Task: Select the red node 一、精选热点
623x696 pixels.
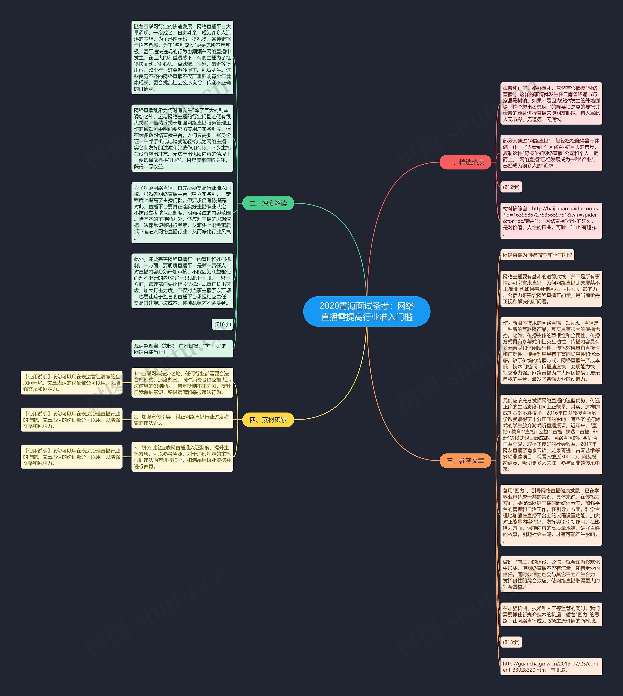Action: [x=465, y=162]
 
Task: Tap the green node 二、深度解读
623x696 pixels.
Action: [x=268, y=203]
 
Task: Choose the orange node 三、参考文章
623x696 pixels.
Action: [x=465, y=461]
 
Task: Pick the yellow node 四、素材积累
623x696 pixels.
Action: [x=268, y=420]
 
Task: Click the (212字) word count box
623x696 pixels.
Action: [x=511, y=187]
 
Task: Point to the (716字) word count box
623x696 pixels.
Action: [x=222, y=324]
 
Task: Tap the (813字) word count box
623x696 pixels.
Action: [x=511, y=642]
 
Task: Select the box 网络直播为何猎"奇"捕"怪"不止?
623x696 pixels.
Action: [x=537, y=255]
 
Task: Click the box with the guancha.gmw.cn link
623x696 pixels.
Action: [x=551, y=667]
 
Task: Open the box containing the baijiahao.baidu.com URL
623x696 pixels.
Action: [x=551, y=221]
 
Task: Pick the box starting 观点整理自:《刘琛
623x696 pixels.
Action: [x=182, y=349]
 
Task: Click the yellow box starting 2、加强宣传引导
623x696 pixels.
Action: [x=182, y=420]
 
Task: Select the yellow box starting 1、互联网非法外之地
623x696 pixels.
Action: [x=182, y=383]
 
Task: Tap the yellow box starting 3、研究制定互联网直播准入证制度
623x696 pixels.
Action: [x=182, y=457]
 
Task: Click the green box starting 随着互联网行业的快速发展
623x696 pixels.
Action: [x=182, y=57]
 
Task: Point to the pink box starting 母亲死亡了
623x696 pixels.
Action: [x=551, y=103]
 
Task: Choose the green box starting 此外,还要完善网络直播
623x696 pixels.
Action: [x=182, y=281]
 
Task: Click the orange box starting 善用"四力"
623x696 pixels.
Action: [x=551, y=515]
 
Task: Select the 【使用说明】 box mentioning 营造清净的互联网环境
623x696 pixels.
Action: [x=72, y=383]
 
